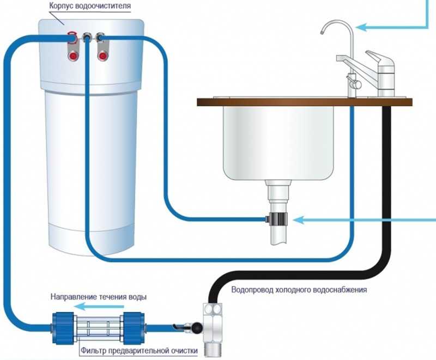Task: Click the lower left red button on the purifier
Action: click(x=73, y=56)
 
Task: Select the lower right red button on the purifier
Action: click(x=102, y=56)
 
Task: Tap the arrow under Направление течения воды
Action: click(x=99, y=307)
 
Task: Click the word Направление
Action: click(x=74, y=297)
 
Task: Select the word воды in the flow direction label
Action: click(x=138, y=297)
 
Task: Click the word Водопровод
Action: click(x=252, y=290)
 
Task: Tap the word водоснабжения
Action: click(x=340, y=290)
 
